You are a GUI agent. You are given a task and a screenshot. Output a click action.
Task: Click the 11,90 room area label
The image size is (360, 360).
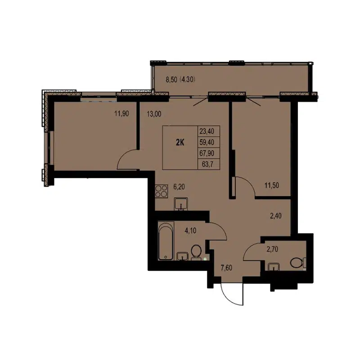[122, 114]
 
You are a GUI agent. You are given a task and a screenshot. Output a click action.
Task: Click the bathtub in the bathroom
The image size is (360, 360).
[166, 242]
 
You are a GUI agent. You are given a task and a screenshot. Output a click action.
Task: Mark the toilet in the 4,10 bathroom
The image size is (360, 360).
[196, 253]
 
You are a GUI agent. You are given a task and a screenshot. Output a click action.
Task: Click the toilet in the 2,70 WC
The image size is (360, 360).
[297, 262]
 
